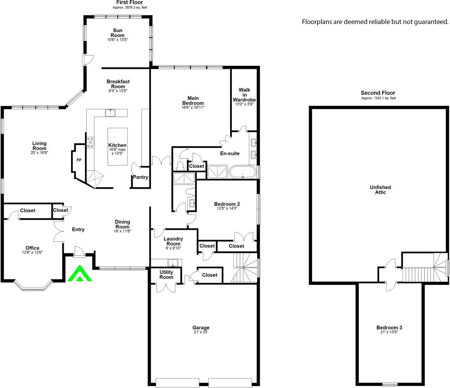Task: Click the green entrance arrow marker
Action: (80, 273)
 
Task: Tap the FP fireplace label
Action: (79, 160)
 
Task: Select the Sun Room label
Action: (118, 33)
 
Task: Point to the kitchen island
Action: (118, 147)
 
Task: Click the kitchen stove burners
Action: (90, 143)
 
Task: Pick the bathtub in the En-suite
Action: (243, 172)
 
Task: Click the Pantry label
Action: (141, 177)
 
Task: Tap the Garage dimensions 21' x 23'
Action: (201, 332)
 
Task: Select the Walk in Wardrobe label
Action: (244, 95)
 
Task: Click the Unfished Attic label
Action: (380, 190)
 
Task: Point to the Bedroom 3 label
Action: (389, 327)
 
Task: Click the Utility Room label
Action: (166, 275)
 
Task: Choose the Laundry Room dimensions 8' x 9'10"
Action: (173, 248)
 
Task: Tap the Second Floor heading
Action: (378, 93)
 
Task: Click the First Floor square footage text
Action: (130, 7)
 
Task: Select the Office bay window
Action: (33, 286)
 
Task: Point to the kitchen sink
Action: (110, 113)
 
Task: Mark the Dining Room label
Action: (122, 224)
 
